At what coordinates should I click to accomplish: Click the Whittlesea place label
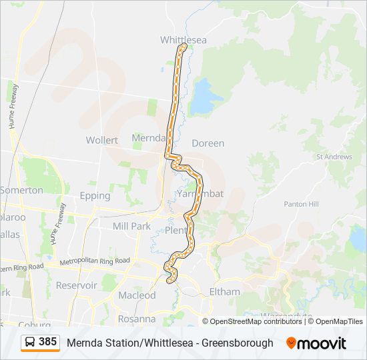click(x=183, y=40)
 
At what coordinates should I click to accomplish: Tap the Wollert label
click(x=102, y=140)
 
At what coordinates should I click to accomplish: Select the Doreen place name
click(x=208, y=143)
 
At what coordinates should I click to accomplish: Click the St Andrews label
click(x=334, y=157)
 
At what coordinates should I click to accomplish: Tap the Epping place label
click(x=95, y=196)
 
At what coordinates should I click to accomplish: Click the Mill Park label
click(x=131, y=226)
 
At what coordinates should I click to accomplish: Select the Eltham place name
click(x=224, y=291)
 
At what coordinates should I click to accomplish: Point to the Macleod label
click(x=137, y=295)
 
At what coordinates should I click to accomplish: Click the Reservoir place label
click(x=77, y=285)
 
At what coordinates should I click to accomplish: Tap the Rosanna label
click(x=137, y=319)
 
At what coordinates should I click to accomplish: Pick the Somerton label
click(x=21, y=190)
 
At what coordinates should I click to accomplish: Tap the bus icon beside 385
click(x=30, y=343)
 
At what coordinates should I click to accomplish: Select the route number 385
click(x=48, y=342)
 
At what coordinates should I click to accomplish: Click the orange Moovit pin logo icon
click(x=291, y=343)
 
